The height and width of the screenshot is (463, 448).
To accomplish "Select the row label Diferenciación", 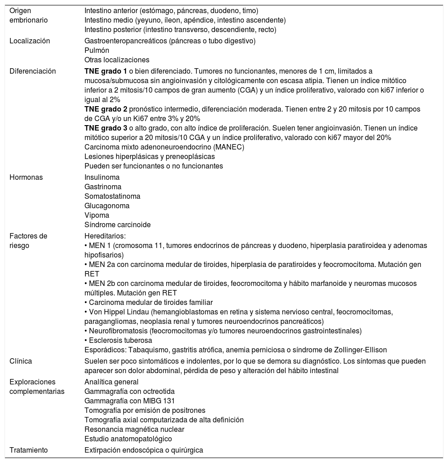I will tap(33, 71).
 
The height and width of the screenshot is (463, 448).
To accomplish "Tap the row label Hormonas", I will tap(26, 177).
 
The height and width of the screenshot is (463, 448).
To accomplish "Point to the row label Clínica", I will tap(21, 361).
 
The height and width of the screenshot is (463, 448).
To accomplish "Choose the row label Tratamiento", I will tap(29, 450).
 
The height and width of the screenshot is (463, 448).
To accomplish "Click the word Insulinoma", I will tap(101, 177).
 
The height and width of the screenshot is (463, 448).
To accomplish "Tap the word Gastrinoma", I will tap(103, 187).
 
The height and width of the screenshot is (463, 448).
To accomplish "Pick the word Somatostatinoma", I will tap(112, 196).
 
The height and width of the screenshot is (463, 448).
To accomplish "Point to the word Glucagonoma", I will tap(107, 206).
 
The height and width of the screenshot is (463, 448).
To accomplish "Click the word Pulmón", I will tap(97, 50).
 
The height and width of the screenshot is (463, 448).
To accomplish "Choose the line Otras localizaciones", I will tap(117, 60).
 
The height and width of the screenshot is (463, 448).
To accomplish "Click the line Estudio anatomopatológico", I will tap(128, 439).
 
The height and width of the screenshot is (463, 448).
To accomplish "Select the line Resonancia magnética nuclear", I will tap(134, 429).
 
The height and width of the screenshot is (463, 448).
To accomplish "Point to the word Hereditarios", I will tap(104, 236).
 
